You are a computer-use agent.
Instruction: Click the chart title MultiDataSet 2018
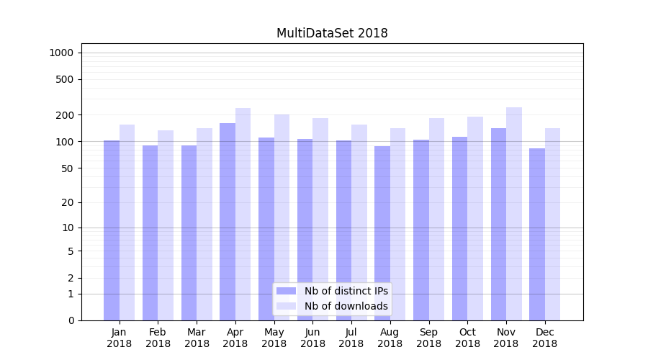point(332,33)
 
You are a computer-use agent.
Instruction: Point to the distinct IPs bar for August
point(382,230)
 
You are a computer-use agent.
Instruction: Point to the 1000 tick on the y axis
point(61,53)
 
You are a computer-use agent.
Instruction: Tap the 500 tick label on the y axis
point(66,79)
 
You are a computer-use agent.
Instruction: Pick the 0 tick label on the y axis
point(71,320)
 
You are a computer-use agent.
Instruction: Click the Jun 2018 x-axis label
point(312,338)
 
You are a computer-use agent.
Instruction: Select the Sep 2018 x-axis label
point(428,338)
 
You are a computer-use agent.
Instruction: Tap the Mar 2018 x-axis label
point(197,338)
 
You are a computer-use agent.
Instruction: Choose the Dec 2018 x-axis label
point(545,338)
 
